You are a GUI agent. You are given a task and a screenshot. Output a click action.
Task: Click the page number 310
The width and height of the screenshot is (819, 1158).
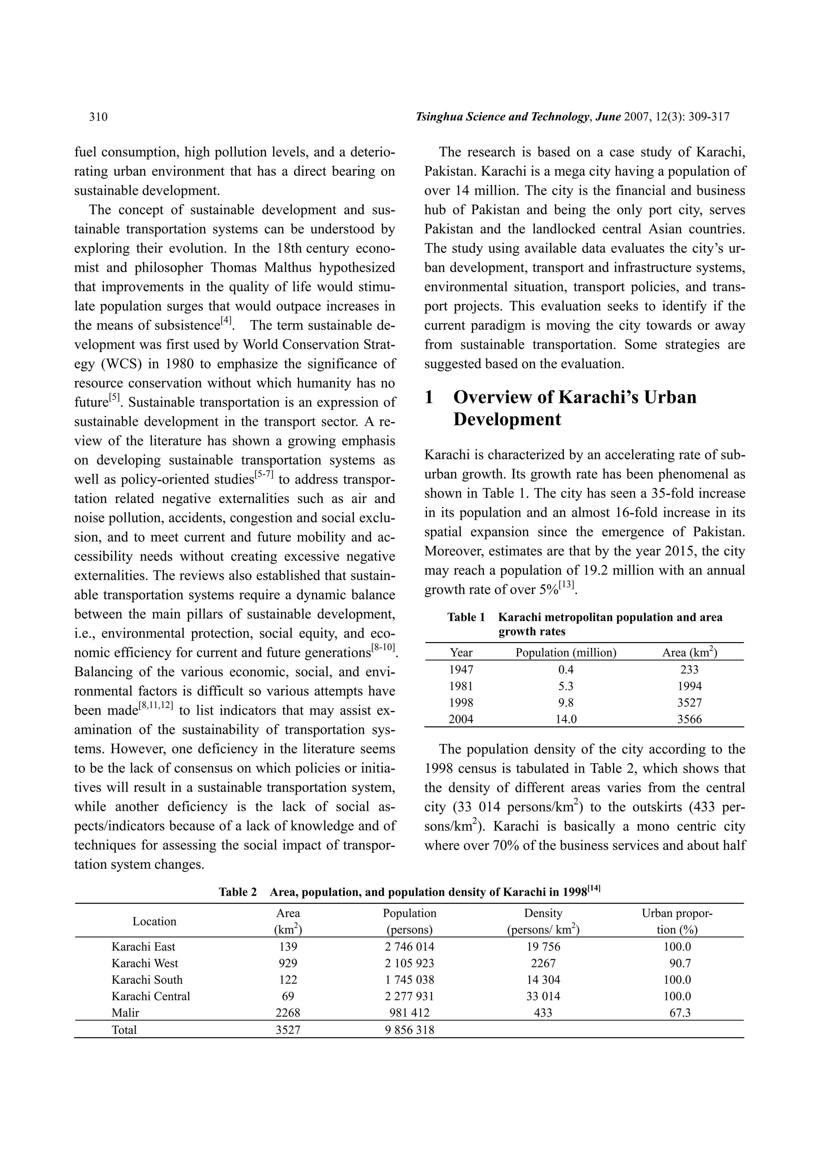pos(98,117)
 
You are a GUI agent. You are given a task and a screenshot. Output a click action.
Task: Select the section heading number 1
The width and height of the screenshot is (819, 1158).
pos(429,398)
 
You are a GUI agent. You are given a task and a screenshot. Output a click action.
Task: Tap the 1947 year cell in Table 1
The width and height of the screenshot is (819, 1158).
pos(461,669)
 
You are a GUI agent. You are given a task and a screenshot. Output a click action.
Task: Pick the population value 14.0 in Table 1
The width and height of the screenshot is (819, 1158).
pos(566,719)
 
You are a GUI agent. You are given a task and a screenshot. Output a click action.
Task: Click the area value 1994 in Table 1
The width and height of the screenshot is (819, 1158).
pos(689,686)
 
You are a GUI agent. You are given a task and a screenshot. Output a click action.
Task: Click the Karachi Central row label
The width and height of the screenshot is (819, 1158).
pos(150,996)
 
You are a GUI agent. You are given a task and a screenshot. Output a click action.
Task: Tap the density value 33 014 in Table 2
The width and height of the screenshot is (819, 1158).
pos(543,996)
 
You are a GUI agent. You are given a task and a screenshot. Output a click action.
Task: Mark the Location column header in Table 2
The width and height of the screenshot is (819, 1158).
pos(154,921)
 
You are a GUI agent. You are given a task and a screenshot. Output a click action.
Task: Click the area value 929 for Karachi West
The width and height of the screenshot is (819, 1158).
pos(288,963)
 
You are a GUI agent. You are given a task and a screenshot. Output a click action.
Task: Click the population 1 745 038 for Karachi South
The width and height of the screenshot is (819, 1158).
pos(409,979)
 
